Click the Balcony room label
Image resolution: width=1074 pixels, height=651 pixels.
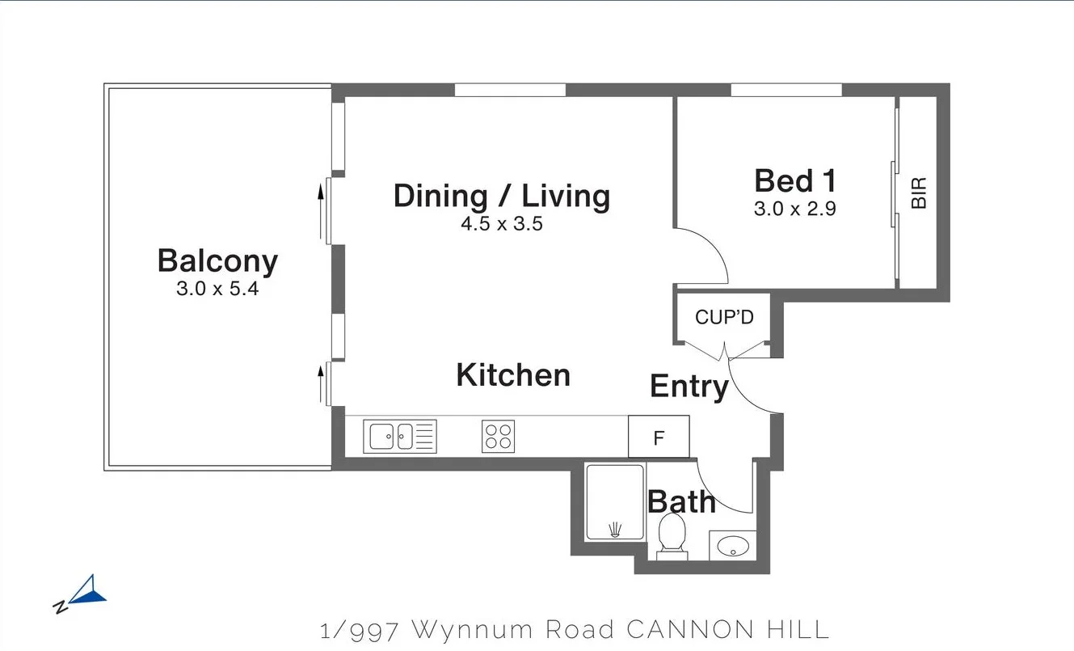217,261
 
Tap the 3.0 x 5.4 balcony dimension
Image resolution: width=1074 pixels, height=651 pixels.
217,289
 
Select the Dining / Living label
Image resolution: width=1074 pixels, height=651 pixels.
501,197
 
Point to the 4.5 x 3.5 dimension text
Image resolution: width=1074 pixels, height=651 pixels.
501,225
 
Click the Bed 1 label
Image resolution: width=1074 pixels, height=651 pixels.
794,180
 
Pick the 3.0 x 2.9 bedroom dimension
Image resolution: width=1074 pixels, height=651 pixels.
794,209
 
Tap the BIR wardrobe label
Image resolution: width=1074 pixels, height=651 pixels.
919,192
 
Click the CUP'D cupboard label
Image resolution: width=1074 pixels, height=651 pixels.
724,317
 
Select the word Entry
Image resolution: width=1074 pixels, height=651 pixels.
689,387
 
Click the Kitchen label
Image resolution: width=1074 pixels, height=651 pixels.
513,375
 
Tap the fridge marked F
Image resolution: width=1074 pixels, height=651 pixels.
659,438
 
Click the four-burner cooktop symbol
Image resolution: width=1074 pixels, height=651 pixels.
498,437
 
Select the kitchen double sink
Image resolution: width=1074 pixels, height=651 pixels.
399,437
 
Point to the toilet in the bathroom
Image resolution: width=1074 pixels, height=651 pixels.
672,536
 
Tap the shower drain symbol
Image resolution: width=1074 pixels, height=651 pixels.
616,530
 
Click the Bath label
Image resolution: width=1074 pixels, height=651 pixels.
681,502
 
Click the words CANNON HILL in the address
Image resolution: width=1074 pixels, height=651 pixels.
728,629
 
